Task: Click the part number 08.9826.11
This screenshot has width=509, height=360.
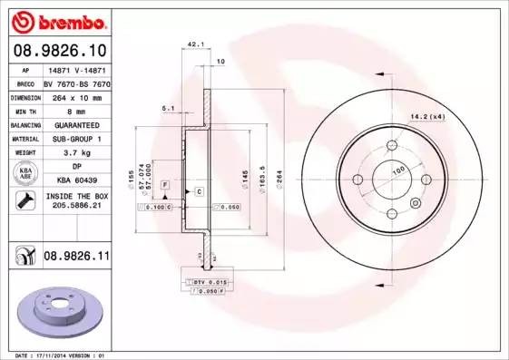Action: click(75, 258)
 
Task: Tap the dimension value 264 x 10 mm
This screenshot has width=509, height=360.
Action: click(75, 96)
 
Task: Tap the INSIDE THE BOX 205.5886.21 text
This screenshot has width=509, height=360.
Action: click(75, 201)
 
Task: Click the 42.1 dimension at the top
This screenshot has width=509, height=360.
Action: click(193, 44)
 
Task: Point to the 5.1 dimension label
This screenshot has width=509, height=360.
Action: click(168, 108)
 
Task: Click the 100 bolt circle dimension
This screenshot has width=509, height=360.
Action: click(397, 170)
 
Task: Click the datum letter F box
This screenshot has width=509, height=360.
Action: click(165, 185)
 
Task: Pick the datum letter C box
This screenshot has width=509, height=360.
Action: click(198, 192)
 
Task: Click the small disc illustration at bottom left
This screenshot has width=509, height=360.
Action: click(54, 314)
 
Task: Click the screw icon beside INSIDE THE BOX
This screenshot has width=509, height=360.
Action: click(24, 201)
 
